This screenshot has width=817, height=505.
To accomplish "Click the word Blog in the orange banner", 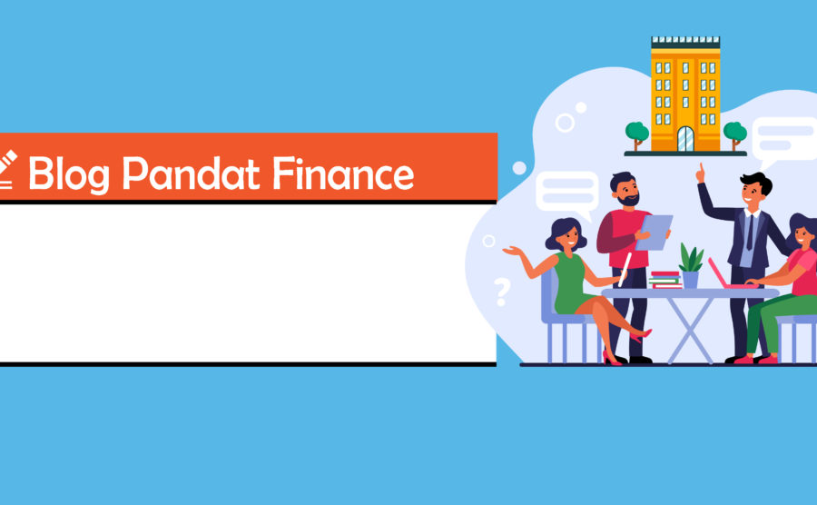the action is [69, 174].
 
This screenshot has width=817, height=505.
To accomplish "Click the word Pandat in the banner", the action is [191, 173].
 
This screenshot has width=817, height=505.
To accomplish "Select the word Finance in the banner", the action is [343, 173].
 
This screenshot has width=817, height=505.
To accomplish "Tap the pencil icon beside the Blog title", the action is [7, 169].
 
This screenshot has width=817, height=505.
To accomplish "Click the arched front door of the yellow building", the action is [685, 139].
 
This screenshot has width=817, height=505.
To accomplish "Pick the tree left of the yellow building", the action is [636, 135].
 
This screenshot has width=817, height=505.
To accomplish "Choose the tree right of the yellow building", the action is [734, 135].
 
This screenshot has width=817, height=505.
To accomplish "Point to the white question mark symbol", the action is [502, 292].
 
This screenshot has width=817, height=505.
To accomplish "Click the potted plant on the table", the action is [691, 266].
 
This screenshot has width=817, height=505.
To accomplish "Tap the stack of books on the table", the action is [665, 280].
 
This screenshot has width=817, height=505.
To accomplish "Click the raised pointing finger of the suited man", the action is [701, 173].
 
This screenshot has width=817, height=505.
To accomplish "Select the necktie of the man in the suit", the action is [750, 232].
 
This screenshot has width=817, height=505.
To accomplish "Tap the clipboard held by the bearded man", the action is [654, 233].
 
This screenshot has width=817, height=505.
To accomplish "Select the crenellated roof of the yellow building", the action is [685, 43].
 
